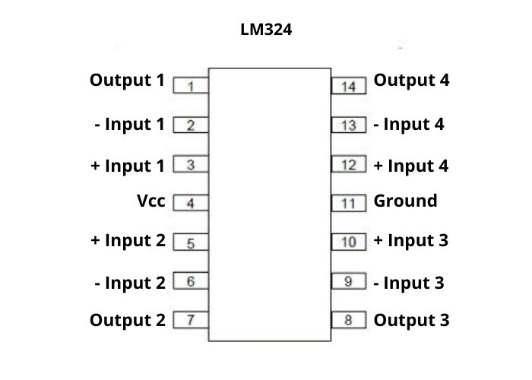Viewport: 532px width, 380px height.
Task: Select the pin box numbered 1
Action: coord(192,85)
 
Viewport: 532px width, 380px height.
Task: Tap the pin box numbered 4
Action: coord(192,203)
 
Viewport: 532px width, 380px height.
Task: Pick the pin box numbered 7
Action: coord(192,320)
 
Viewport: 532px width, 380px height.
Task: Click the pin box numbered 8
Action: coord(349,320)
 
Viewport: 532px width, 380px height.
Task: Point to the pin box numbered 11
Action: coord(349,203)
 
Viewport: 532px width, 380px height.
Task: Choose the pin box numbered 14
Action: coord(349,85)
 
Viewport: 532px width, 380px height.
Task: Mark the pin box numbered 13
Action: coord(349,125)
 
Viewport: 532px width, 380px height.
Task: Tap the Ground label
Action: coord(405,201)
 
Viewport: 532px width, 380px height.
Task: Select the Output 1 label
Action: coord(127,80)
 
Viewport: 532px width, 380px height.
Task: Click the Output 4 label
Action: coord(411,80)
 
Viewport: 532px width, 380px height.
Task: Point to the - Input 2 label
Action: coord(130,283)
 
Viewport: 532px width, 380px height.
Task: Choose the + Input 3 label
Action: coord(410,241)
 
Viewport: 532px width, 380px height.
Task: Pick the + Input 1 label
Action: coord(127,166)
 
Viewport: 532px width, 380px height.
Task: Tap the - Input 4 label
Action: coord(409,124)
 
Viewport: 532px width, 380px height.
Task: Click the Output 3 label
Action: coord(411,320)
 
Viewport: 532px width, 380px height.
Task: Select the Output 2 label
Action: coord(127,320)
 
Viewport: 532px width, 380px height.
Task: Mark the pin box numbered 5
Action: coord(192,242)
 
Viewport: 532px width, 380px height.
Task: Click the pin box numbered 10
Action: coord(349,242)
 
